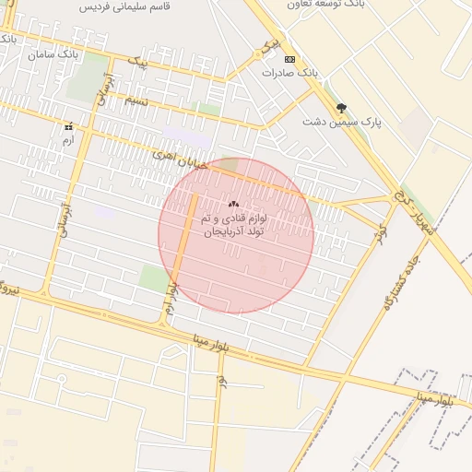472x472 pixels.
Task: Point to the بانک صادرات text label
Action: tap(290, 72)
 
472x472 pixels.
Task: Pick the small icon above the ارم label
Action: tap(67, 126)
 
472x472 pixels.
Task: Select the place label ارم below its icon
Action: tap(67, 140)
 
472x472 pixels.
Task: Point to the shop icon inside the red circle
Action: tap(232, 205)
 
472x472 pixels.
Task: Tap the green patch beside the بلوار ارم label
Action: tap(154, 276)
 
